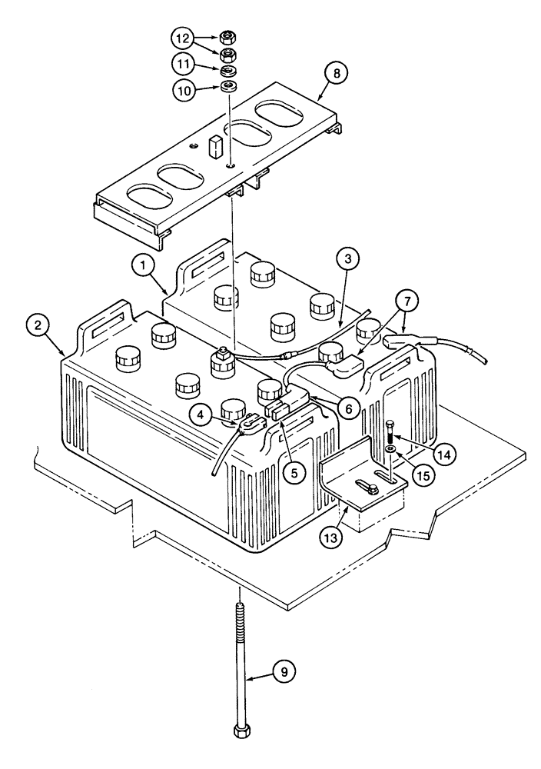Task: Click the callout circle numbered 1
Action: [140, 266]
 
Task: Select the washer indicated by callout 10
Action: [227, 85]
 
